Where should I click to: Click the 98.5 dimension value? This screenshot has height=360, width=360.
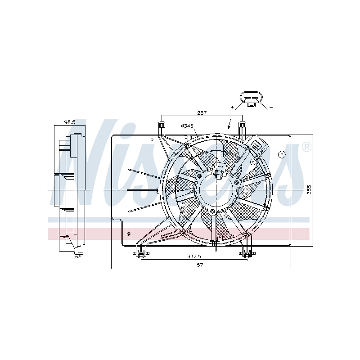coord(70,122)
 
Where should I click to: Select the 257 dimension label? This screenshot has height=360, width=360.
coord(202,113)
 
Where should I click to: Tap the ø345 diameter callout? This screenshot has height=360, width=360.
coord(187,126)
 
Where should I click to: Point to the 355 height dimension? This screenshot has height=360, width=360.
coord(309,189)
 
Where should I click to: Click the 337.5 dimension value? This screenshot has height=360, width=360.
coord(194,256)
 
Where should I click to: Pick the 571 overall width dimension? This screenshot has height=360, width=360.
coord(201,265)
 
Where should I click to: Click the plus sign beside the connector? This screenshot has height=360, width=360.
coord(232,107)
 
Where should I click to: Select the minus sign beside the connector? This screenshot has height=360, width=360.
coord(271,108)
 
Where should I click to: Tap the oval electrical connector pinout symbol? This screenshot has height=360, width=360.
coord(252,99)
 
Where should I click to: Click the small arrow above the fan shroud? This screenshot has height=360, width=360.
coord(229,124)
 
